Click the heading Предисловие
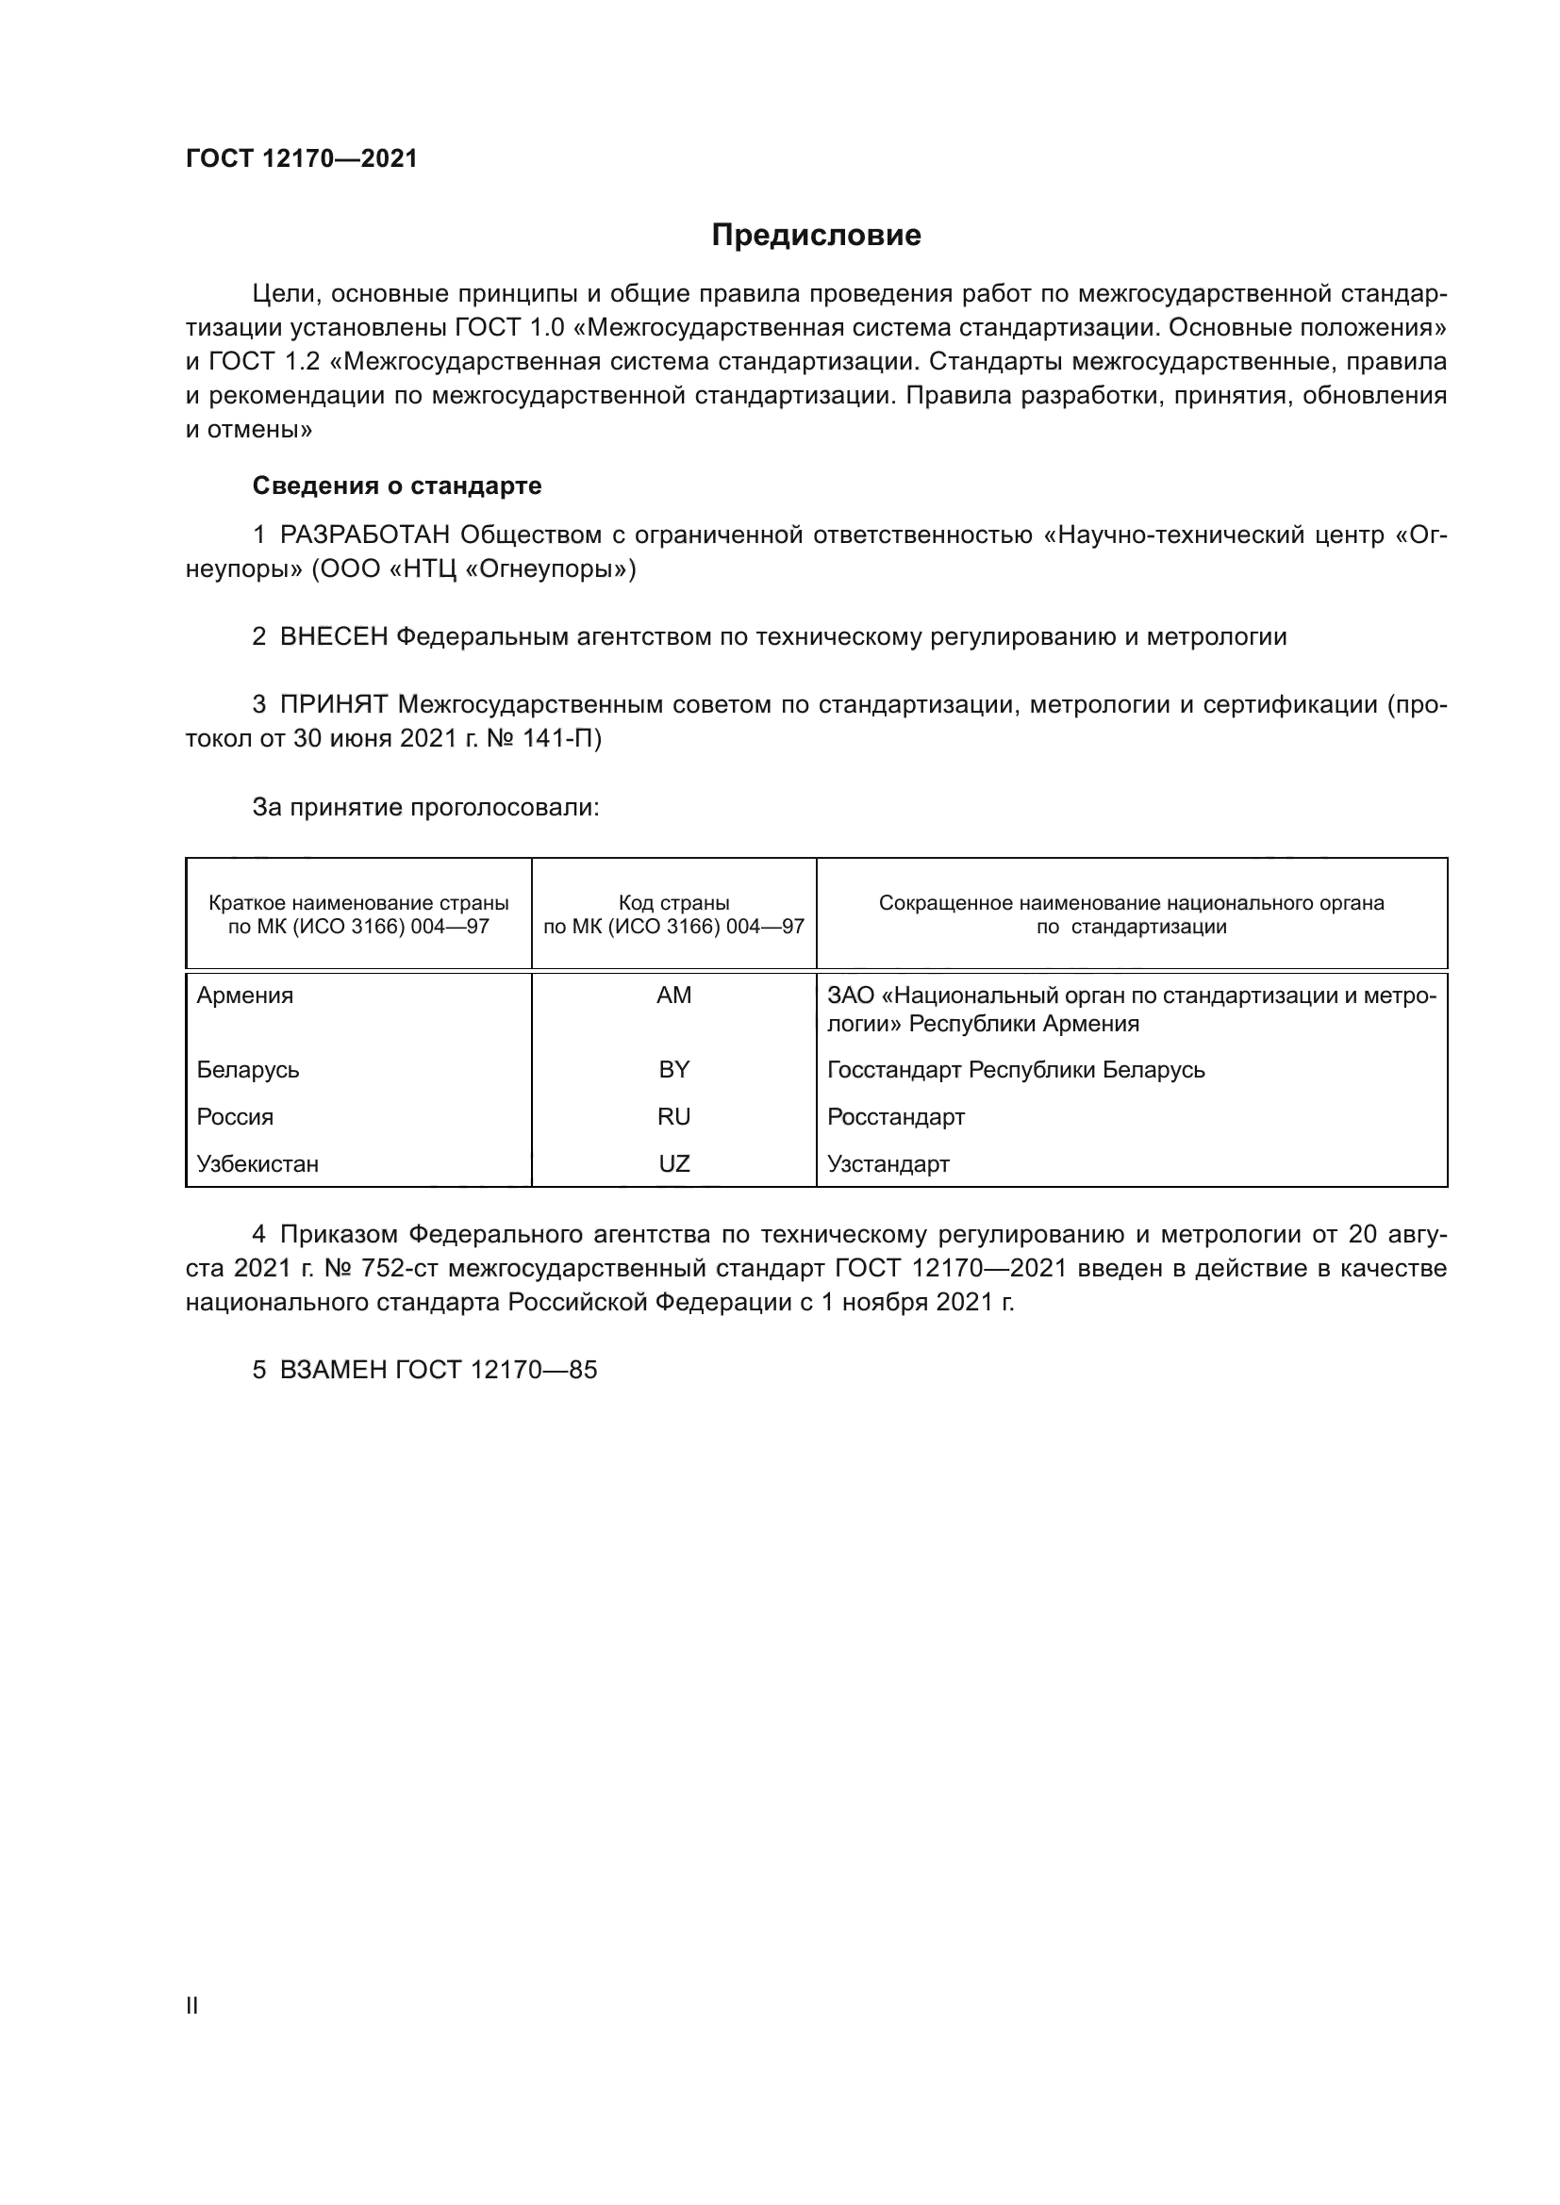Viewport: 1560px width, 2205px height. pos(816,236)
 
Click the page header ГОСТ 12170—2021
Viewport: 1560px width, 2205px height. pos(302,159)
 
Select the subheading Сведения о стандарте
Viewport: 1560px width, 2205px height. pos(397,485)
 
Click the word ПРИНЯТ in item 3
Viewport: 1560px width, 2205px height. pos(333,705)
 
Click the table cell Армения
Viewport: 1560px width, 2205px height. pos(245,996)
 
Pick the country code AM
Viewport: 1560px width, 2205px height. pos(673,996)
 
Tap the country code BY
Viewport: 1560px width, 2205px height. pos(673,1070)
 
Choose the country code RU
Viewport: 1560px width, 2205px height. pos(673,1117)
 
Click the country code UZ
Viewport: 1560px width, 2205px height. pos(673,1164)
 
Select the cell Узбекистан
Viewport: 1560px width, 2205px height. pos(257,1164)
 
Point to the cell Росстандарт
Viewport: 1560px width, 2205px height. pos(895,1117)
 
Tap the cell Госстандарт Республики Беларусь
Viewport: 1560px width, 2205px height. pos(1016,1070)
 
